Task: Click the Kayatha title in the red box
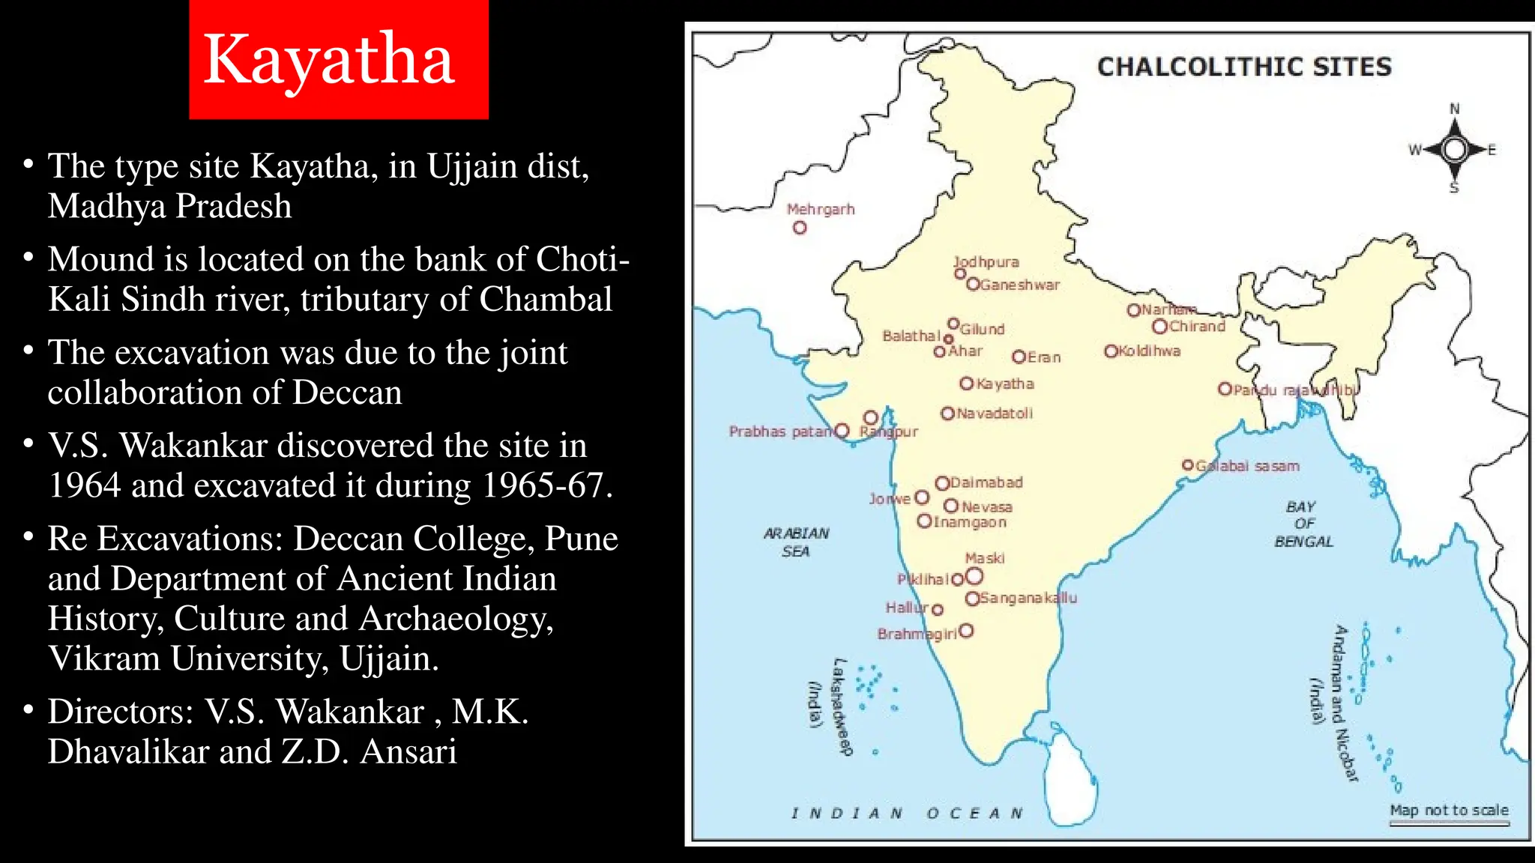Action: (329, 60)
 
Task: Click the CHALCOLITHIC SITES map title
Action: (1244, 67)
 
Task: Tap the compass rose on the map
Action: (1454, 150)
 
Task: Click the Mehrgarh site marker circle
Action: (800, 228)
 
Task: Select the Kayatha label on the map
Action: (1005, 384)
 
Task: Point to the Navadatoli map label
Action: (995, 414)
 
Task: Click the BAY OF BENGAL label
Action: (1303, 524)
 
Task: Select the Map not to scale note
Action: (1449, 811)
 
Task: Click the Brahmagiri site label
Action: (917, 635)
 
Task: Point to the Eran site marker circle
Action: (1019, 357)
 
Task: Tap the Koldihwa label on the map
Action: (1149, 351)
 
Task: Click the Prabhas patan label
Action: (780, 431)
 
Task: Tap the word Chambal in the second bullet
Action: (546, 300)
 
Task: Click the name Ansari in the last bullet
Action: (408, 751)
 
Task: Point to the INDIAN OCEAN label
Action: (907, 814)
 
